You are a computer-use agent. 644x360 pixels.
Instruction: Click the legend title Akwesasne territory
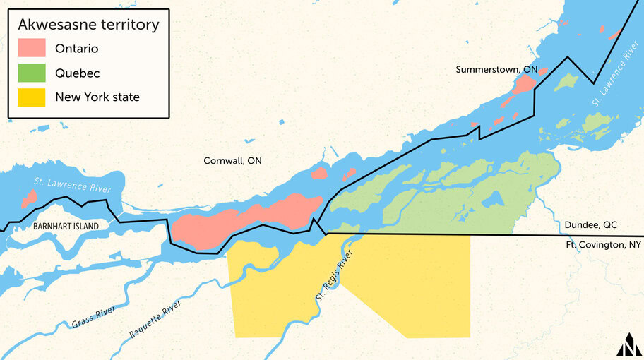point(88,25)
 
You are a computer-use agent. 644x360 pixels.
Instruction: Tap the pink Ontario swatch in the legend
point(31,49)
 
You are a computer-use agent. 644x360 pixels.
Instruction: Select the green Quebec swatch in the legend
point(31,73)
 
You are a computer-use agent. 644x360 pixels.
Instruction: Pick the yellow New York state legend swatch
point(31,97)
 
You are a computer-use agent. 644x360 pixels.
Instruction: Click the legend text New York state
point(97,97)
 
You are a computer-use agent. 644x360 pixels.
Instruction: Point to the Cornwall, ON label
point(232,161)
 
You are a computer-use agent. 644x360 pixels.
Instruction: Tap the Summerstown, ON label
point(496,69)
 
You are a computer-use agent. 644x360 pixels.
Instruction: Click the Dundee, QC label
point(590,225)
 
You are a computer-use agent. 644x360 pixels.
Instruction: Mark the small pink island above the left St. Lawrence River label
point(28,200)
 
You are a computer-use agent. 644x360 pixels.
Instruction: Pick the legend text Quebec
point(77,73)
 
